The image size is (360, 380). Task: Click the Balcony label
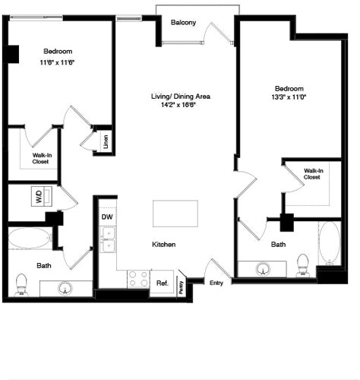click(x=183, y=23)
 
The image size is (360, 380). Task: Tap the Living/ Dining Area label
click(x=180, y=97)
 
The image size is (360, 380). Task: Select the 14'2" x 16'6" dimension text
click(x=180, y=106)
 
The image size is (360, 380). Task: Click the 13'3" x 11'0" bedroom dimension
click(x=289, y=97)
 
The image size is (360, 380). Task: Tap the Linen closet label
click(x=105, y=141)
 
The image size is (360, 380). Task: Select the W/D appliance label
click(x=39, y=197)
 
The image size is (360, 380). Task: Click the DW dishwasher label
click(x=107, y=217)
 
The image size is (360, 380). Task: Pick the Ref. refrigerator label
click(x=162, y=283)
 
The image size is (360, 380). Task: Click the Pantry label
click(x=182, y=287)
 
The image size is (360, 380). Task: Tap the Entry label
click(x=217, y=283)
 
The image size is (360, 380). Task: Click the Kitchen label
click(x=164, y=245)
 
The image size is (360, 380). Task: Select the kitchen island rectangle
click(x=176, y=213)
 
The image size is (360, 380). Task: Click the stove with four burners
click(x=137, y=278)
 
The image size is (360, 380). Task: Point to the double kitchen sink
click(x=108, y=245)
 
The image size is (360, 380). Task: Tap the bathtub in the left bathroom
click(x=30, y=238)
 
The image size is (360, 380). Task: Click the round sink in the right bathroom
click(x=264, y=269)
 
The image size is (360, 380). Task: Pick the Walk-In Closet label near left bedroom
click(x=42, y=157)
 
